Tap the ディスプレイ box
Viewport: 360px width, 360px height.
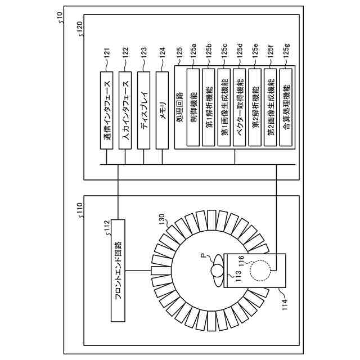[144, 110]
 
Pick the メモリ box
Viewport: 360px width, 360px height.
[163, 110]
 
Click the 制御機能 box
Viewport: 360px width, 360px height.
[193, 107]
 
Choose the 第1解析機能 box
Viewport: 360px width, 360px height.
[209, 107]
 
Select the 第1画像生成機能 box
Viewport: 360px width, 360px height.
[224, 107]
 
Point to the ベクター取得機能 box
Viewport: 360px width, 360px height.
[240, 107]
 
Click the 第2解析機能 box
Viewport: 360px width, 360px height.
[255, 107]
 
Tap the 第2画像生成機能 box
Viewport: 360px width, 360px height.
[271, 107]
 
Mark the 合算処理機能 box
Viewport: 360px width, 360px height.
[286, 107]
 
